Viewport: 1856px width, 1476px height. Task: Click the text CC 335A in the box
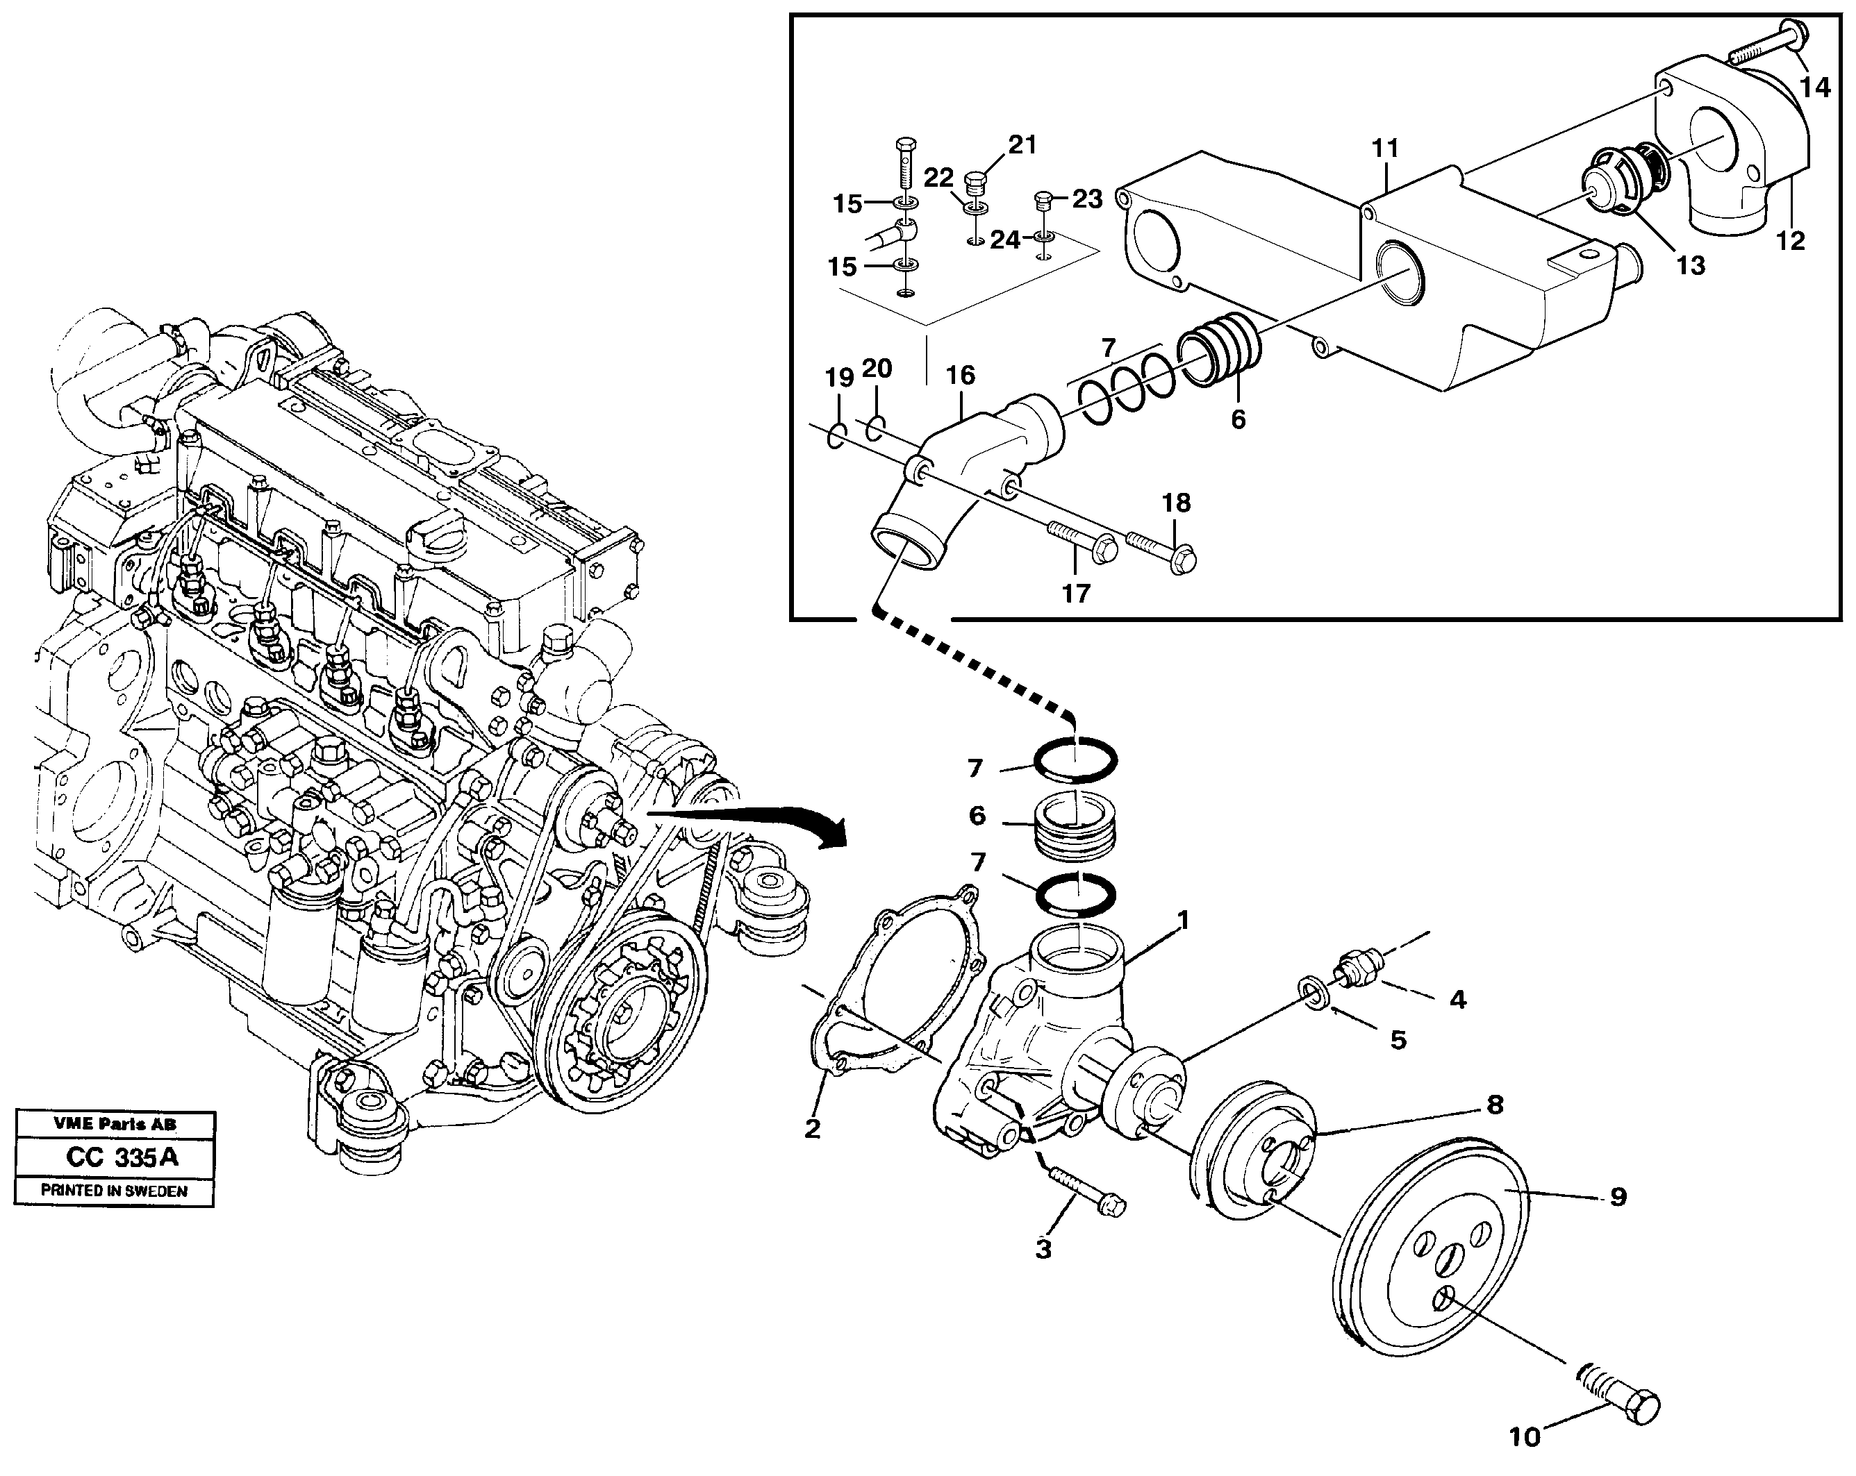tap(122, 1157)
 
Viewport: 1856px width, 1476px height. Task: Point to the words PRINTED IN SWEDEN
tap(114, 1192)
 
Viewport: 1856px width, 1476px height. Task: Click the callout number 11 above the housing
tap(1386, 148)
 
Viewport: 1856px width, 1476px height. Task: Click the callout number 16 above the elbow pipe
tap(960, 375)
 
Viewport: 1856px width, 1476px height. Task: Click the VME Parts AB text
tap(115, 1124)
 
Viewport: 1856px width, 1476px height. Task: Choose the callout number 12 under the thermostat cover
tap(1791, 240)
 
